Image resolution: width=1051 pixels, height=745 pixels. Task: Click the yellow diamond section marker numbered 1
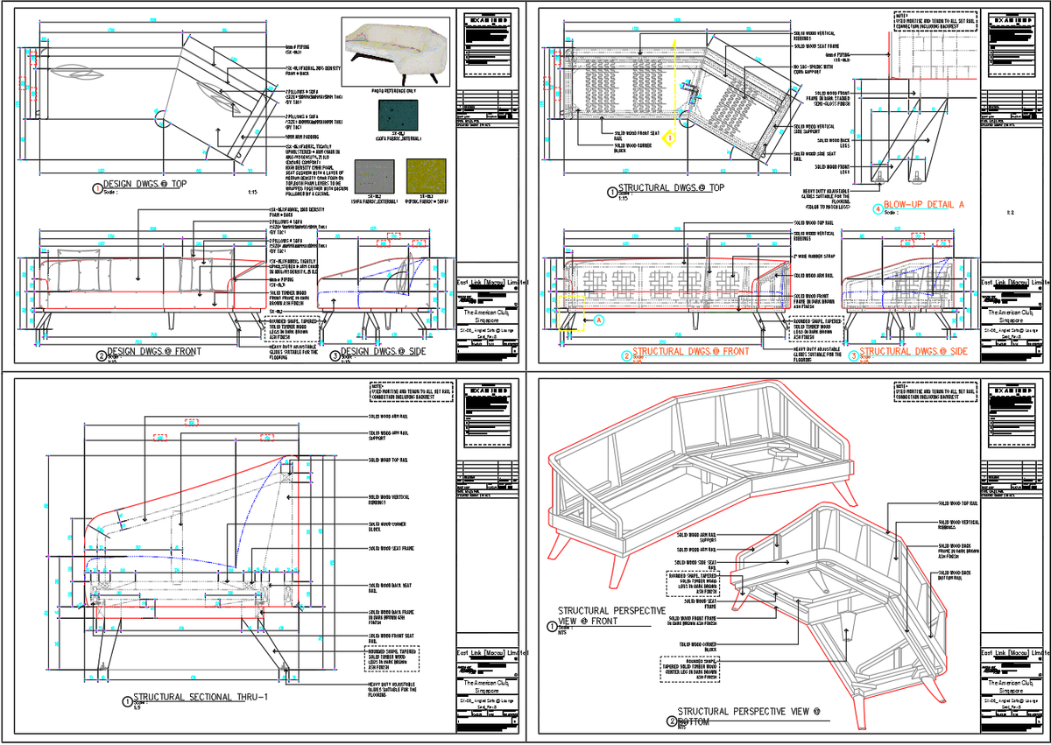(667, 137)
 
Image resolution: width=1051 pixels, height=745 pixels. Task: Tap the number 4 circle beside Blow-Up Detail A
(878, 208)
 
